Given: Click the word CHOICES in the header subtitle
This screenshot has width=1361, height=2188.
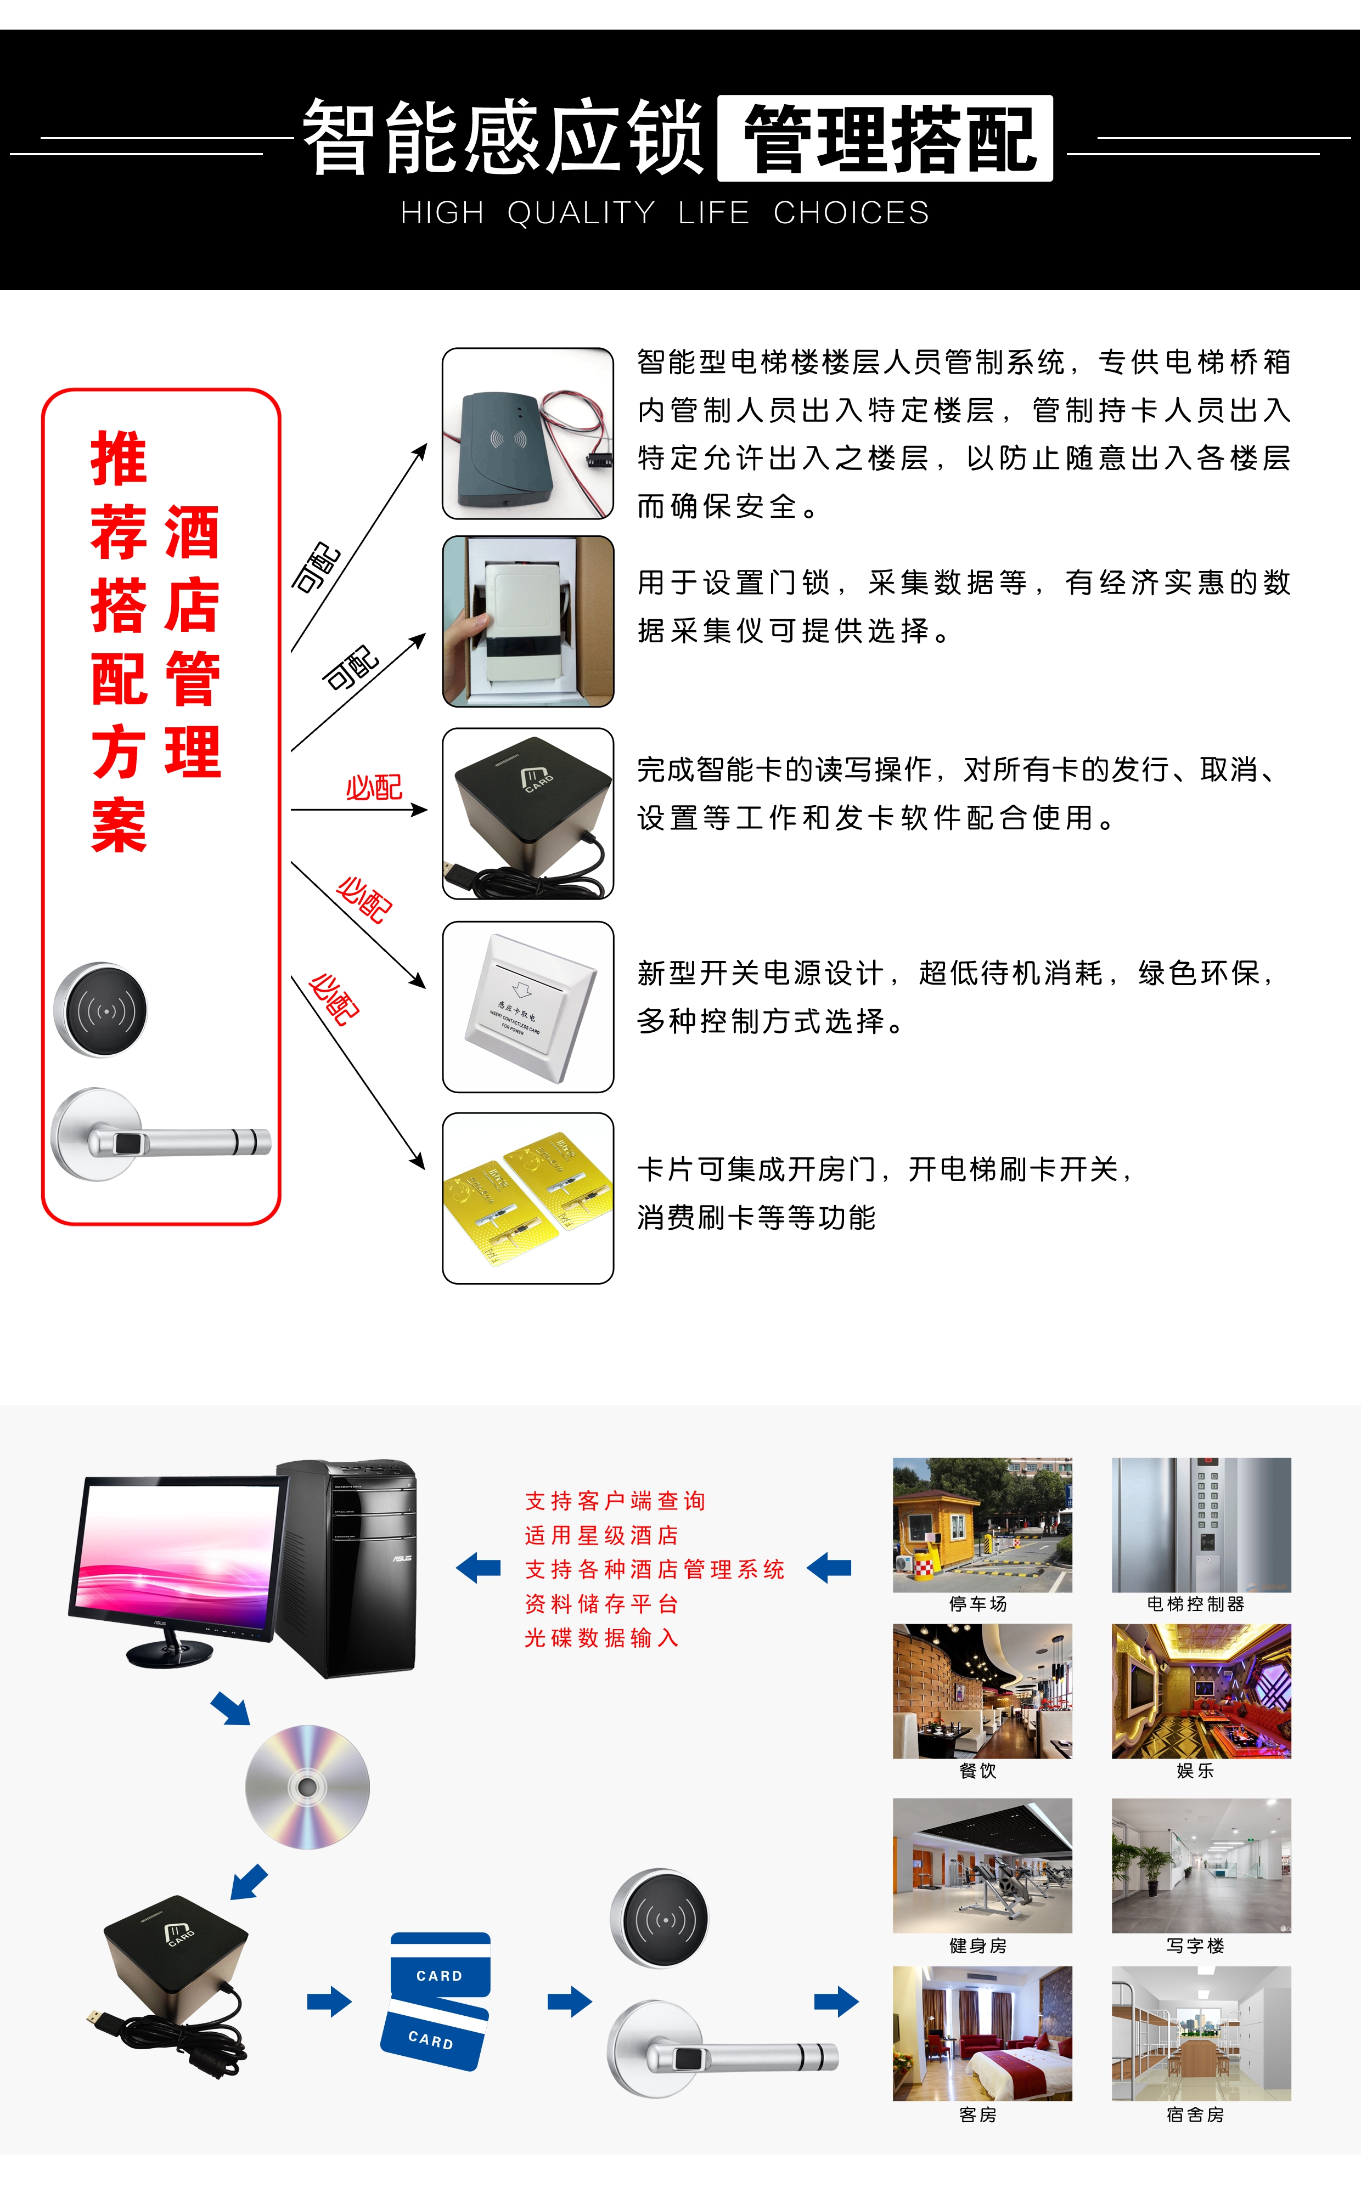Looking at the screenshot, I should [851, 213].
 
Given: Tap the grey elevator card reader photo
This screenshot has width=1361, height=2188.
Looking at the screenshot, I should [527, 434].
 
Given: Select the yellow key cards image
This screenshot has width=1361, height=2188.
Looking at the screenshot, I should [527, 1197].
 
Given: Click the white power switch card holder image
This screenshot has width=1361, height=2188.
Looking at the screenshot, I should [527, 1007].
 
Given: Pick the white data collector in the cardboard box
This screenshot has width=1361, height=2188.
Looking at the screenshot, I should [527, 621].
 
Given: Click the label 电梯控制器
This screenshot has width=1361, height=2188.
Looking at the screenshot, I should [1195, 1604].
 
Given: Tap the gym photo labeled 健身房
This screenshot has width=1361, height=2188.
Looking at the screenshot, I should [982, 1865].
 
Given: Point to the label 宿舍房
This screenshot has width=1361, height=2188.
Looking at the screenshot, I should [1195, 2114].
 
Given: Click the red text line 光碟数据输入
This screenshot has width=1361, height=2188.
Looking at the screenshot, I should [601, 1637].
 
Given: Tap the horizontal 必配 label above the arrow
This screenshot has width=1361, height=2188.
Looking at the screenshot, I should [374, 788].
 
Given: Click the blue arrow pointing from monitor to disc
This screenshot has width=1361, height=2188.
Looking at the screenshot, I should [232, 1708].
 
